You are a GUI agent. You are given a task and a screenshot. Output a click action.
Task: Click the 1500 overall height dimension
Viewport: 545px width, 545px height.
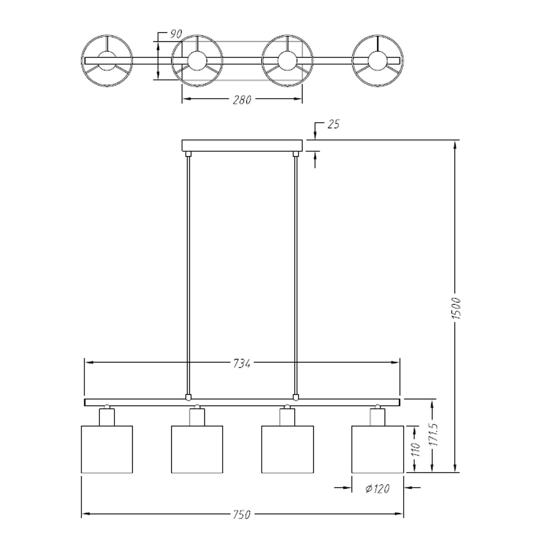[456, 308]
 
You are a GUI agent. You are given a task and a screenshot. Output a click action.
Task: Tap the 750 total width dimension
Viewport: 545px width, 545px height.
[242, 515]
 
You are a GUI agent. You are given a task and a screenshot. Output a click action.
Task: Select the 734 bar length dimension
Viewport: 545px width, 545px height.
[242, 364]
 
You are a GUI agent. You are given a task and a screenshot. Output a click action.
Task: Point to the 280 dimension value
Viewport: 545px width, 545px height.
[242, 100]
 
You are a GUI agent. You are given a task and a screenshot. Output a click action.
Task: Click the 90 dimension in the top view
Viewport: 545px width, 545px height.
[176, 34]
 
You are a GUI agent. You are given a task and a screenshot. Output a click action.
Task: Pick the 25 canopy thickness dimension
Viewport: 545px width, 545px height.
[333, 124]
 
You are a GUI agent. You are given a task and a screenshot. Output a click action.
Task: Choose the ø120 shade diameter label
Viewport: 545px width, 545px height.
[377, 488]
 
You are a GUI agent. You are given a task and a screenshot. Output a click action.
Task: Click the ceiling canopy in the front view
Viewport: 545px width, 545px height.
[242, 145]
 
